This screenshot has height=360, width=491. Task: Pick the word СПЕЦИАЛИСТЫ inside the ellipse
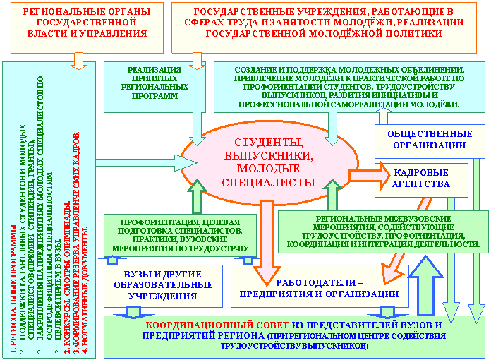pyautogui.click(x=267, y=181)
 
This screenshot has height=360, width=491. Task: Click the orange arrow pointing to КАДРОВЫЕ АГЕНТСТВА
pyautogui.click(x=366, y=173)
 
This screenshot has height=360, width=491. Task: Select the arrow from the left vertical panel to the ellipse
pyautogui.click(x=141, y=162)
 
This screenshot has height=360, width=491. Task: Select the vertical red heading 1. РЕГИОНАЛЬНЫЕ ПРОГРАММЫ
pyautogui.click(x=13, y=282)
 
